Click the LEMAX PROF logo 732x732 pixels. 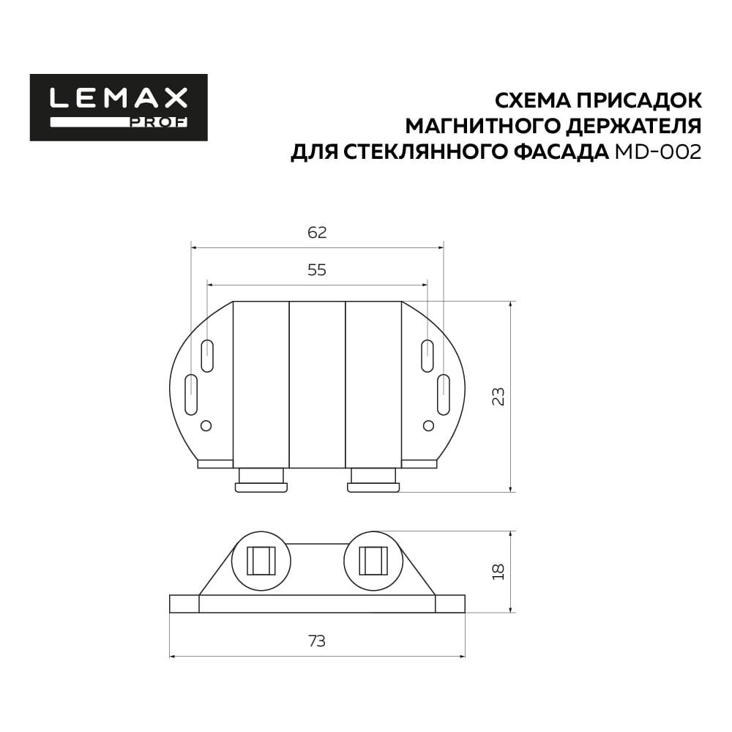click(119, 108)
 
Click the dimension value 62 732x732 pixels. click(317, 233)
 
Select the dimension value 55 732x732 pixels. click(317, 270)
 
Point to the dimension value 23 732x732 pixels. click(498, 396)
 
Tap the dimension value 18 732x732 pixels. click(498, 572)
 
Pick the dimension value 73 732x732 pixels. click(317, 641)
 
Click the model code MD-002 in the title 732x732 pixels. click(658, 152)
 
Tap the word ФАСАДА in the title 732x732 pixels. click(564, 152)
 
